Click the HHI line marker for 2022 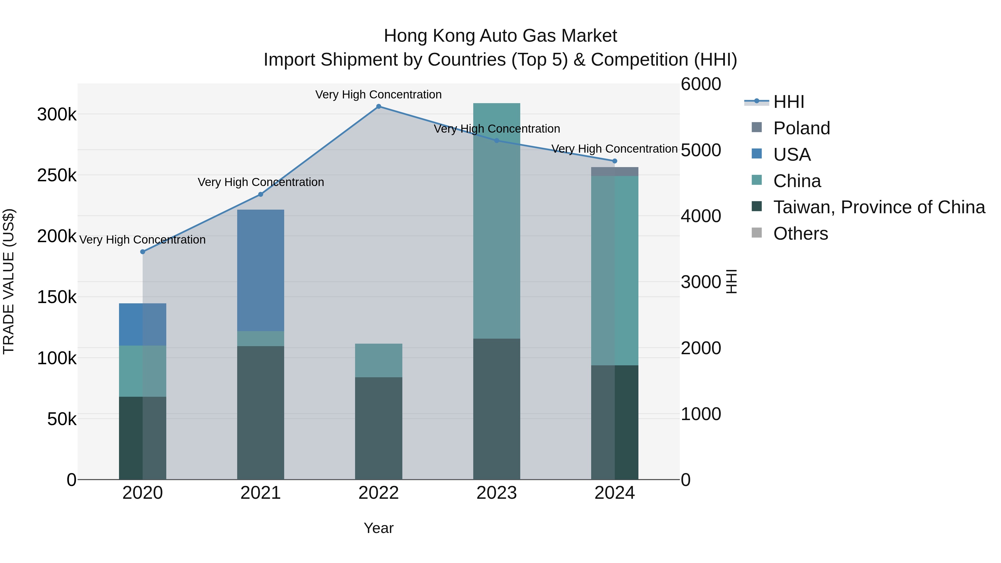(x=378, y=106)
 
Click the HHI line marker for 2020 (x=143, y=252)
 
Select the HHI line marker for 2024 (x=614, y=161)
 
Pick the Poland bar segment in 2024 (x=614, y=171)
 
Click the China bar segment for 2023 (x=496, y=221)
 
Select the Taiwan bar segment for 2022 (x=378, y=428)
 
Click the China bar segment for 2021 (x=260, y=338)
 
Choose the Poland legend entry (x=801, y=128)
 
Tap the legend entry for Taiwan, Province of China (x=879, y=207)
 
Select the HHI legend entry (x=789, y=102)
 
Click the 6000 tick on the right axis (x=701, y=84)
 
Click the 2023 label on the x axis (x=496, y=493)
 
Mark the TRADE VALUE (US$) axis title (x=9, y=281)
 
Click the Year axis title (x=378, y=528)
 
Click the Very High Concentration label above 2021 (x=261, y=182)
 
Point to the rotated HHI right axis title (x=731, y=281)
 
